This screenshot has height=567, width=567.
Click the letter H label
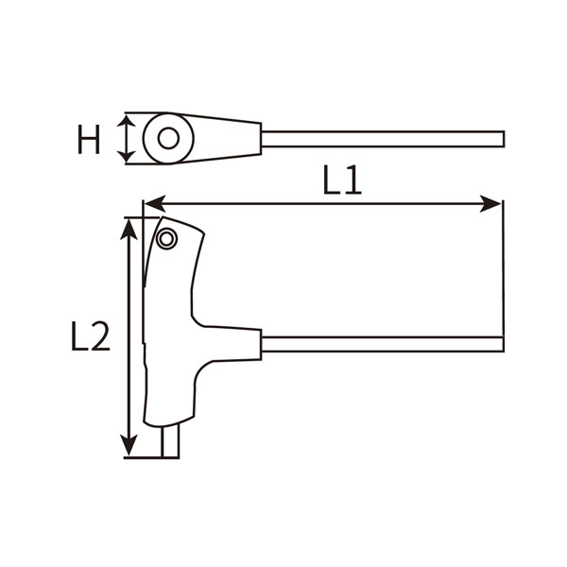point(89,140)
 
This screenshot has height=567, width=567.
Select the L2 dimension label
point(91,336)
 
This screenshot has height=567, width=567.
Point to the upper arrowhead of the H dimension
point(127,121)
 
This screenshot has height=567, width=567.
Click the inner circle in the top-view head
point(168,139)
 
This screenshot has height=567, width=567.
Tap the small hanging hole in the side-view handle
point(167,238)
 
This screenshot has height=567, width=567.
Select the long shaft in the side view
point(378,342)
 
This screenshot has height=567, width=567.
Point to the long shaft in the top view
point(378,139)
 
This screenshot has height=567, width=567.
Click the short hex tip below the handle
point(170,442)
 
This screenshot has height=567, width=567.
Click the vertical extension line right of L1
point(503,274)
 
